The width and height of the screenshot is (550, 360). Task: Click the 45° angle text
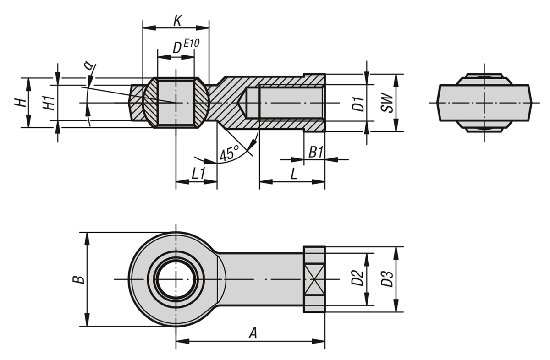point(230,153)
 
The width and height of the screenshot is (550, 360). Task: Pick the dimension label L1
point(198,174)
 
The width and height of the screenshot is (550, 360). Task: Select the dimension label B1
point(316,152)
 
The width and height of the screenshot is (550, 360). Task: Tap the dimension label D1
point(358,104)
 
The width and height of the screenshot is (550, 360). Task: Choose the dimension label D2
point(357,278)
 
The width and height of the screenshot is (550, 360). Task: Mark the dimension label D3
point(387,278)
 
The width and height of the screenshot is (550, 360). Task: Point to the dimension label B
point(79,279)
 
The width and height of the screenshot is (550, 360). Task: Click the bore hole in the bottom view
point(176,279)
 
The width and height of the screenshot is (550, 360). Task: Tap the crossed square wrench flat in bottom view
point(314,279)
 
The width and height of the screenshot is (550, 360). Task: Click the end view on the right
point(484,103)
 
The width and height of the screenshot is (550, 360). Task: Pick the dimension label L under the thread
point(294,174)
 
